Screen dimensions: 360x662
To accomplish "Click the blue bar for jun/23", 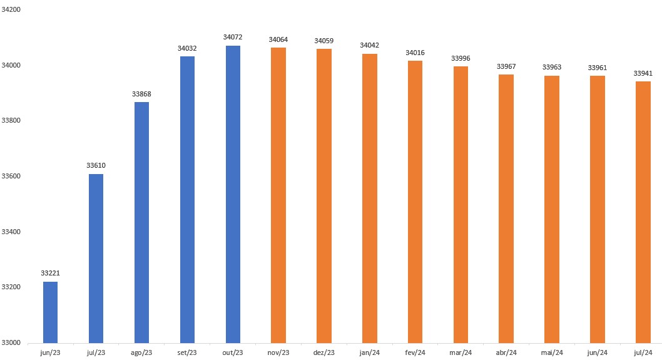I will point(50,312).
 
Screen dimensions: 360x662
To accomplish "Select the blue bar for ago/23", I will point(141,222).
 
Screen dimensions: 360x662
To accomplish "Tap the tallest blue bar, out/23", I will point(233,194).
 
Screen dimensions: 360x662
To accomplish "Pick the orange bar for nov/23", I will point(278,195).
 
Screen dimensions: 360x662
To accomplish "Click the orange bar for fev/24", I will point(415,202).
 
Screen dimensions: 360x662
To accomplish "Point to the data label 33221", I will point(50,274).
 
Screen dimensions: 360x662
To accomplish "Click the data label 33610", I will point(96,165).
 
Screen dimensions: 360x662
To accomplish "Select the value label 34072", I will point(233,38).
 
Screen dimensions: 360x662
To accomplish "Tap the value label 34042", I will point(369,46).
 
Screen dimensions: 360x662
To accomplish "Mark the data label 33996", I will point(461,58).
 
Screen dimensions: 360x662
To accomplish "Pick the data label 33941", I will point(643,73).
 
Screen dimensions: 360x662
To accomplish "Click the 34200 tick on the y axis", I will point(12,9).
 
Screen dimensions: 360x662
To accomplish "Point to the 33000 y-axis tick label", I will point(12,342).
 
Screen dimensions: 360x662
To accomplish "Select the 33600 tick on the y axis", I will point(12,176).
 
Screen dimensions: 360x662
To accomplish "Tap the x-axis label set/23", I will point(187,353).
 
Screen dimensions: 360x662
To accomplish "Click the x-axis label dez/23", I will point(324,353).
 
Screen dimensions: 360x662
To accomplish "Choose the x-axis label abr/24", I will point(506,353).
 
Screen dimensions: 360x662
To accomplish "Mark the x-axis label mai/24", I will point(552,353).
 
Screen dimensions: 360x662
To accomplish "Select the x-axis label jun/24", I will point(598,353).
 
